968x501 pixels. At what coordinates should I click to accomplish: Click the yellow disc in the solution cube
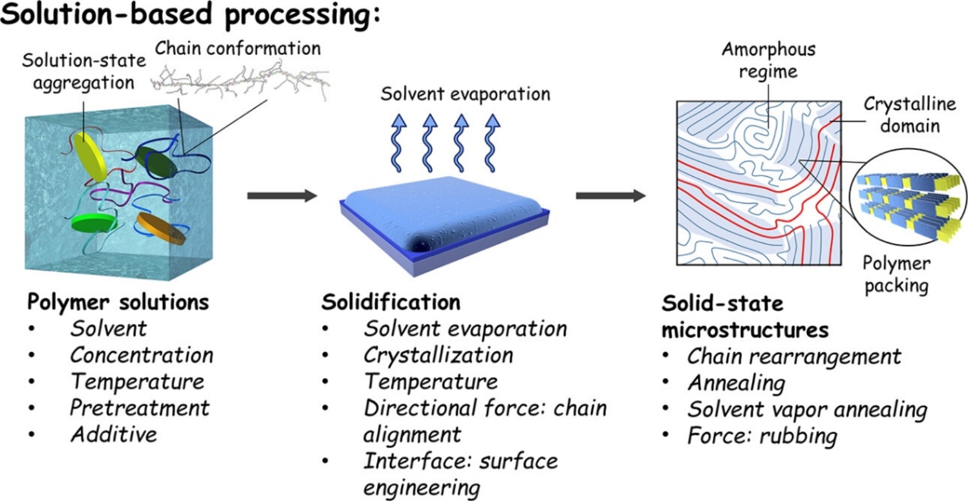pos(90,156)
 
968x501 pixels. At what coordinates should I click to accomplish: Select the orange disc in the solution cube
pos(161,228)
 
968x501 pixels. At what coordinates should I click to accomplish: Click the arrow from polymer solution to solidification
pos(281,195)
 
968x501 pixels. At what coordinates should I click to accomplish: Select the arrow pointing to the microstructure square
pos(610,195)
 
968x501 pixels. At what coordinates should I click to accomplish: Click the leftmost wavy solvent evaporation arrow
pos(398,143)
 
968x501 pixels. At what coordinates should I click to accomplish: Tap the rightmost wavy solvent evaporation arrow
pos(492,143)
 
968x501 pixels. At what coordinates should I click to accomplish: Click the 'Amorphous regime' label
pos(768,60)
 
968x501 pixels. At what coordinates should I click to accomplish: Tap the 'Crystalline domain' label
pos(910,115)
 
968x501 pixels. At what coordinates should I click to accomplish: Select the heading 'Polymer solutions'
pos(118,302)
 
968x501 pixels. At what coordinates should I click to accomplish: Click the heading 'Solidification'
pos(391,302)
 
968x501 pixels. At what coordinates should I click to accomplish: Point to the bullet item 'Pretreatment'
pos(140,408)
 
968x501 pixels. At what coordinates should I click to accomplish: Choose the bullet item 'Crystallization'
pos(438,355)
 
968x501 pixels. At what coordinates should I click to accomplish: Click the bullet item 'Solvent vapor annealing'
pos(807,409)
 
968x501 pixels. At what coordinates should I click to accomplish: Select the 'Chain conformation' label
pos(238,48)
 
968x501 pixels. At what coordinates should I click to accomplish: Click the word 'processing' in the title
pos(298,15)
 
